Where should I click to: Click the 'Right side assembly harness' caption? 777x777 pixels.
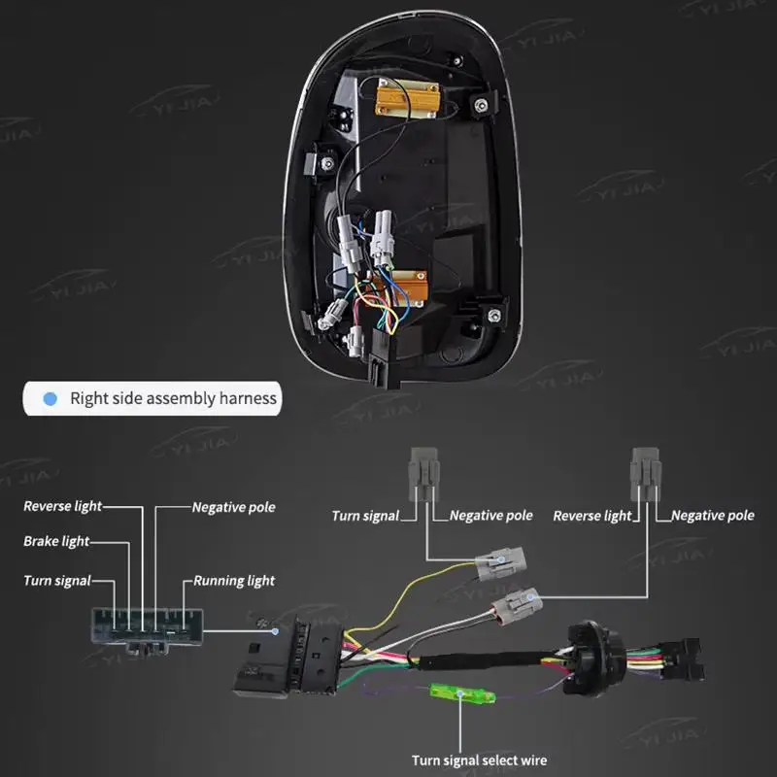174,398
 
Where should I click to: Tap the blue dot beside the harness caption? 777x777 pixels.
51,398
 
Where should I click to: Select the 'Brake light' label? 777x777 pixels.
56,541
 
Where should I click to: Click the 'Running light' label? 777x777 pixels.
234,581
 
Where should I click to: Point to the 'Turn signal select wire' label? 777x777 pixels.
479,760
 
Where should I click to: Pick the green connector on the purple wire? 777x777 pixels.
462,693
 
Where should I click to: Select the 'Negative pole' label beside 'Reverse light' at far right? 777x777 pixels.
713,516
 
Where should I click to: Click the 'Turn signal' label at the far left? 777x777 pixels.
57,581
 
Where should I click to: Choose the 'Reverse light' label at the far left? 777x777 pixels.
63,506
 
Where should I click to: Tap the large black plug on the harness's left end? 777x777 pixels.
288,657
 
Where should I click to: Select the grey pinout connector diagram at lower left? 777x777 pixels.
148,630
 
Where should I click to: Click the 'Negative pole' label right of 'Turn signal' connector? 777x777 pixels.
491,516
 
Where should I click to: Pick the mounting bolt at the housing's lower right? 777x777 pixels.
494,315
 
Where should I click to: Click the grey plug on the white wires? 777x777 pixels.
517,605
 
